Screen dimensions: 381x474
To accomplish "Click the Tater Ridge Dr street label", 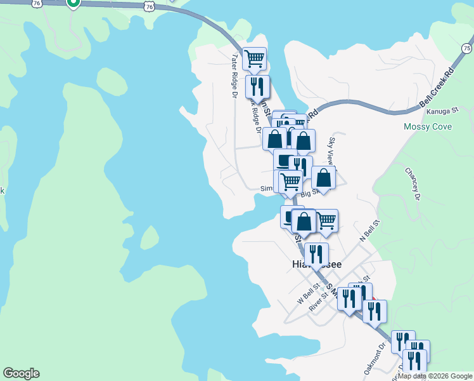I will point(234,74).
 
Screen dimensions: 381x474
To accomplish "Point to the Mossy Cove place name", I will point(428,127).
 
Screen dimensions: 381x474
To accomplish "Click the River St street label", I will point(318,300).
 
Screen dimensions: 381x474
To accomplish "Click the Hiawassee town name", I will point(317,264).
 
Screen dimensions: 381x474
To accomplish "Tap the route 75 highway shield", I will point(467,48).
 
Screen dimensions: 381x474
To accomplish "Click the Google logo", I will point(21,373).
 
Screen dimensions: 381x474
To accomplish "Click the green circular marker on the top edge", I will point(74,3).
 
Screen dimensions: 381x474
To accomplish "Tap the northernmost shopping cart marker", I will point(254,58).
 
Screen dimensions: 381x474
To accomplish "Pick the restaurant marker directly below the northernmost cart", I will point(257,86).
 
